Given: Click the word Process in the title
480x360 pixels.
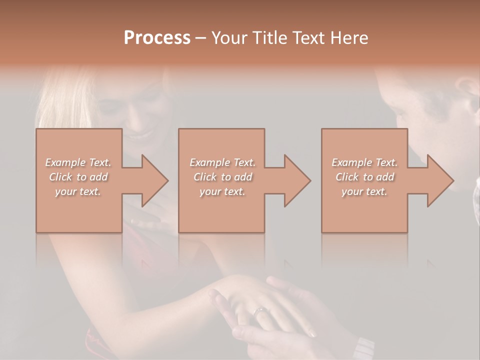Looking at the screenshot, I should click(157, 37).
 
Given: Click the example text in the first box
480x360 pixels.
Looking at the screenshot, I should click(78, 177).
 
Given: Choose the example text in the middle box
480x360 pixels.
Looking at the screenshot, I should click(222, 177).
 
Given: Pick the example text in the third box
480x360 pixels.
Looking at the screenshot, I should click(364, 177).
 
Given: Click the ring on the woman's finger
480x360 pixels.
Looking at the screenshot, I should click(260, 312).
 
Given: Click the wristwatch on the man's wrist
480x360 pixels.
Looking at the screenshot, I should click(363, 347).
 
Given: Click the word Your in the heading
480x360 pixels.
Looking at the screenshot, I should click(228, 37).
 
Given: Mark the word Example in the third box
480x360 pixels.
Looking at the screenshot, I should click(350, 162).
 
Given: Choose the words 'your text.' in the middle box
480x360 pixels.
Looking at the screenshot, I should click(222, 191).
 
